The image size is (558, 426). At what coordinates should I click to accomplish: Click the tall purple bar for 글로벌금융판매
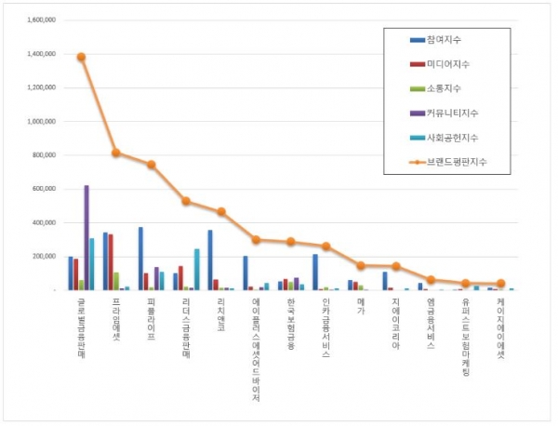[x=86, y=237]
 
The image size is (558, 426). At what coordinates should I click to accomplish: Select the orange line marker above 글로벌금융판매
[x=81, y=57]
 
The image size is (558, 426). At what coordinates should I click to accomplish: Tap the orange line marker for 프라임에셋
[x=116, y=153]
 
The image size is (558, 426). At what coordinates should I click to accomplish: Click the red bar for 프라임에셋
[x=111, y=262]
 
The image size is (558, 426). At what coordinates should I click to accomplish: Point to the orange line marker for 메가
[x=361, y=265]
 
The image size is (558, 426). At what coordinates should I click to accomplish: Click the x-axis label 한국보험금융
[x=291, y=322]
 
